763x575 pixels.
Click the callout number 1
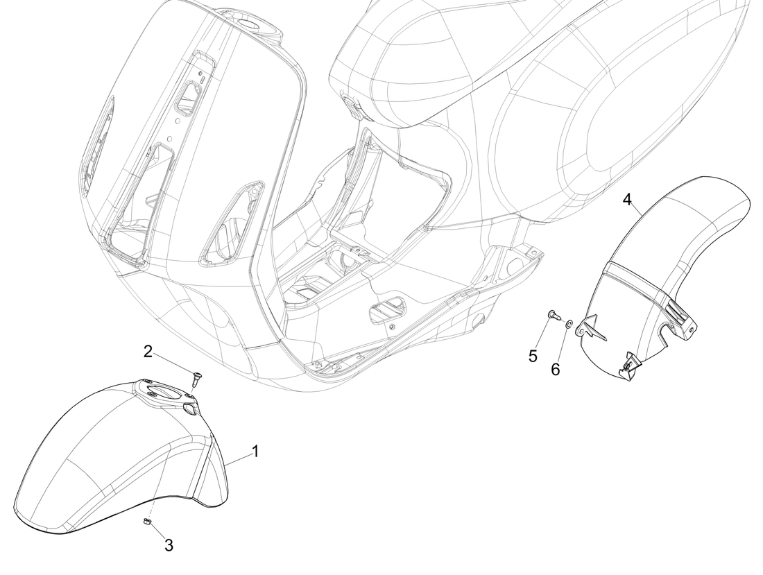pos(255,452)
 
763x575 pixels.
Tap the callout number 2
pos(148,351)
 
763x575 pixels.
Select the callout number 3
pos(169,545)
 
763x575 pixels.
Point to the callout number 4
pos(628,199)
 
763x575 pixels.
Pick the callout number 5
pos(533,356)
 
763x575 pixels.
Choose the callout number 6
pos(555,370)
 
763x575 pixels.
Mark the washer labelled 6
pos(568,323)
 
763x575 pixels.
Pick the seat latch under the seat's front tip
pos(354,105)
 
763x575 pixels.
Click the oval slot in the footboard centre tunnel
pos(388,308)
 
